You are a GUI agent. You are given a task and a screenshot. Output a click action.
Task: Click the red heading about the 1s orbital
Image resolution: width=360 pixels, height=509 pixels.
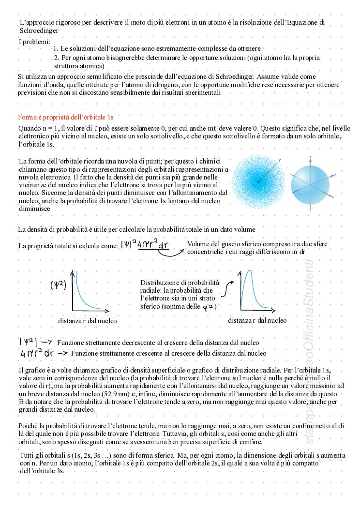[x=66, y=117]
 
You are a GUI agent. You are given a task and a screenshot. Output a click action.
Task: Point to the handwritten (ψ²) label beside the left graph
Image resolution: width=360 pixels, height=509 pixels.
[x=58, y=285]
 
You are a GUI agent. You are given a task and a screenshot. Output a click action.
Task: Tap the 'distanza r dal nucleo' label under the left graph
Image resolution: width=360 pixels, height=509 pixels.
[x=87, y=321]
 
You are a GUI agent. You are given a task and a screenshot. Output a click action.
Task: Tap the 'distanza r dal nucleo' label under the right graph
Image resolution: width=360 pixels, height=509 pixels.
[x=257, y=320]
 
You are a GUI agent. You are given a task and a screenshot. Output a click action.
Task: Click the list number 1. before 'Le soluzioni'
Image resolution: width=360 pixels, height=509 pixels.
[x=56, y=48]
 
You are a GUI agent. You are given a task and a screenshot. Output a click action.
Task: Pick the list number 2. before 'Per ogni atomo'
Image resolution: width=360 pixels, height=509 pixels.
[x=56, y=58]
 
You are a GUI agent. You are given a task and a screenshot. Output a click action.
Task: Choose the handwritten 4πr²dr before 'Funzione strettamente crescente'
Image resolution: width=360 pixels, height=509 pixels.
[x=37, y=353]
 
